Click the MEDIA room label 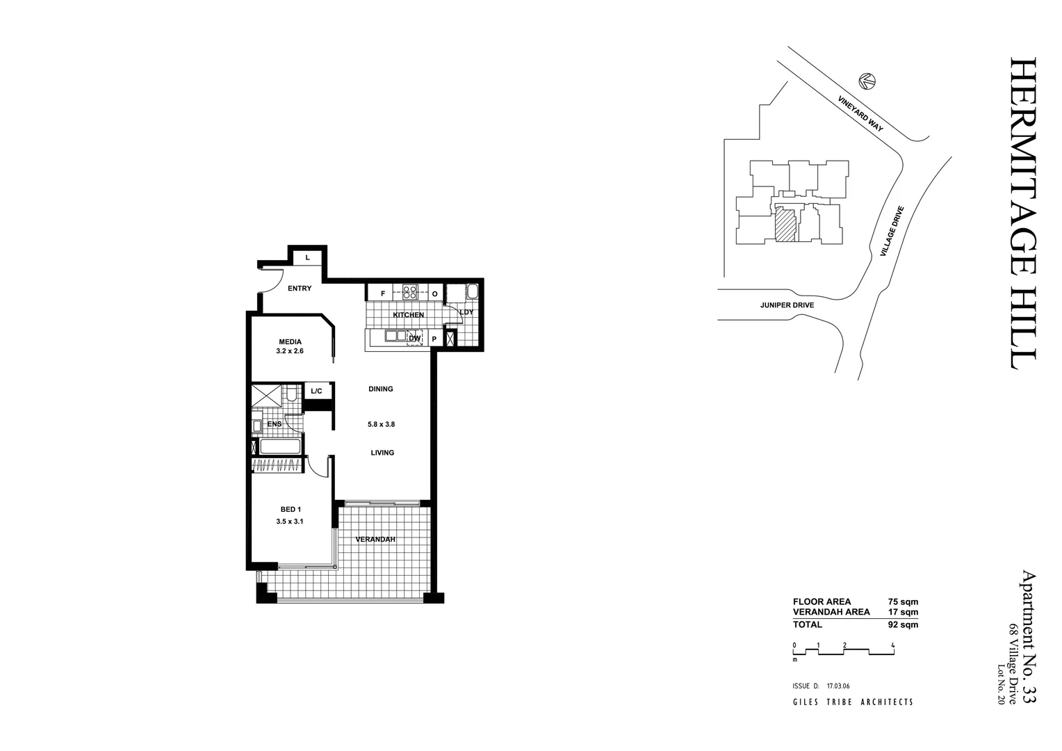tap(290, 341)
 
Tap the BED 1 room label tap(291, 509)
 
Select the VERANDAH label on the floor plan tap(375, 540)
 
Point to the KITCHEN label tap(408, 315)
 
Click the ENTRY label tap(300, 289)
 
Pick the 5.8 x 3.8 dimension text tap(381, 423)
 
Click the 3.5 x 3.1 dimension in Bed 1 tap(290, 522)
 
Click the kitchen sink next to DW tap(396, 337)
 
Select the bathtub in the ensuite tap(280, 446)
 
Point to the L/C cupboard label tap(317, 391)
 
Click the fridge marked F tap(382, 294)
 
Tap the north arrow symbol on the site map tap(866, 81)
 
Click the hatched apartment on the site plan tap(785, 225)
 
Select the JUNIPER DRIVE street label tap(787, 305)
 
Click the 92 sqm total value tap(903, 624)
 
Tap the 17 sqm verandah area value tap(903, 613)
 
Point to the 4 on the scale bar tap(892, 645)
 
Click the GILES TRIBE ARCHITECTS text tap(853, 702)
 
